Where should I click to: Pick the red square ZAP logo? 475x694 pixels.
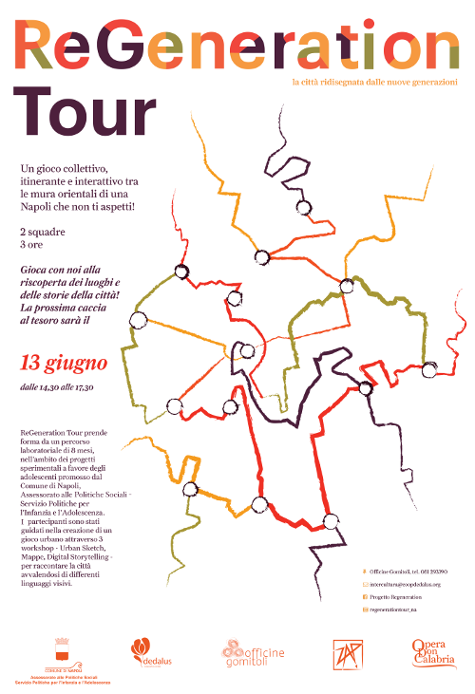345,653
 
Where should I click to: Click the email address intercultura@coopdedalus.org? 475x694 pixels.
409,584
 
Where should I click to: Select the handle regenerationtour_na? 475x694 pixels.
399,609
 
